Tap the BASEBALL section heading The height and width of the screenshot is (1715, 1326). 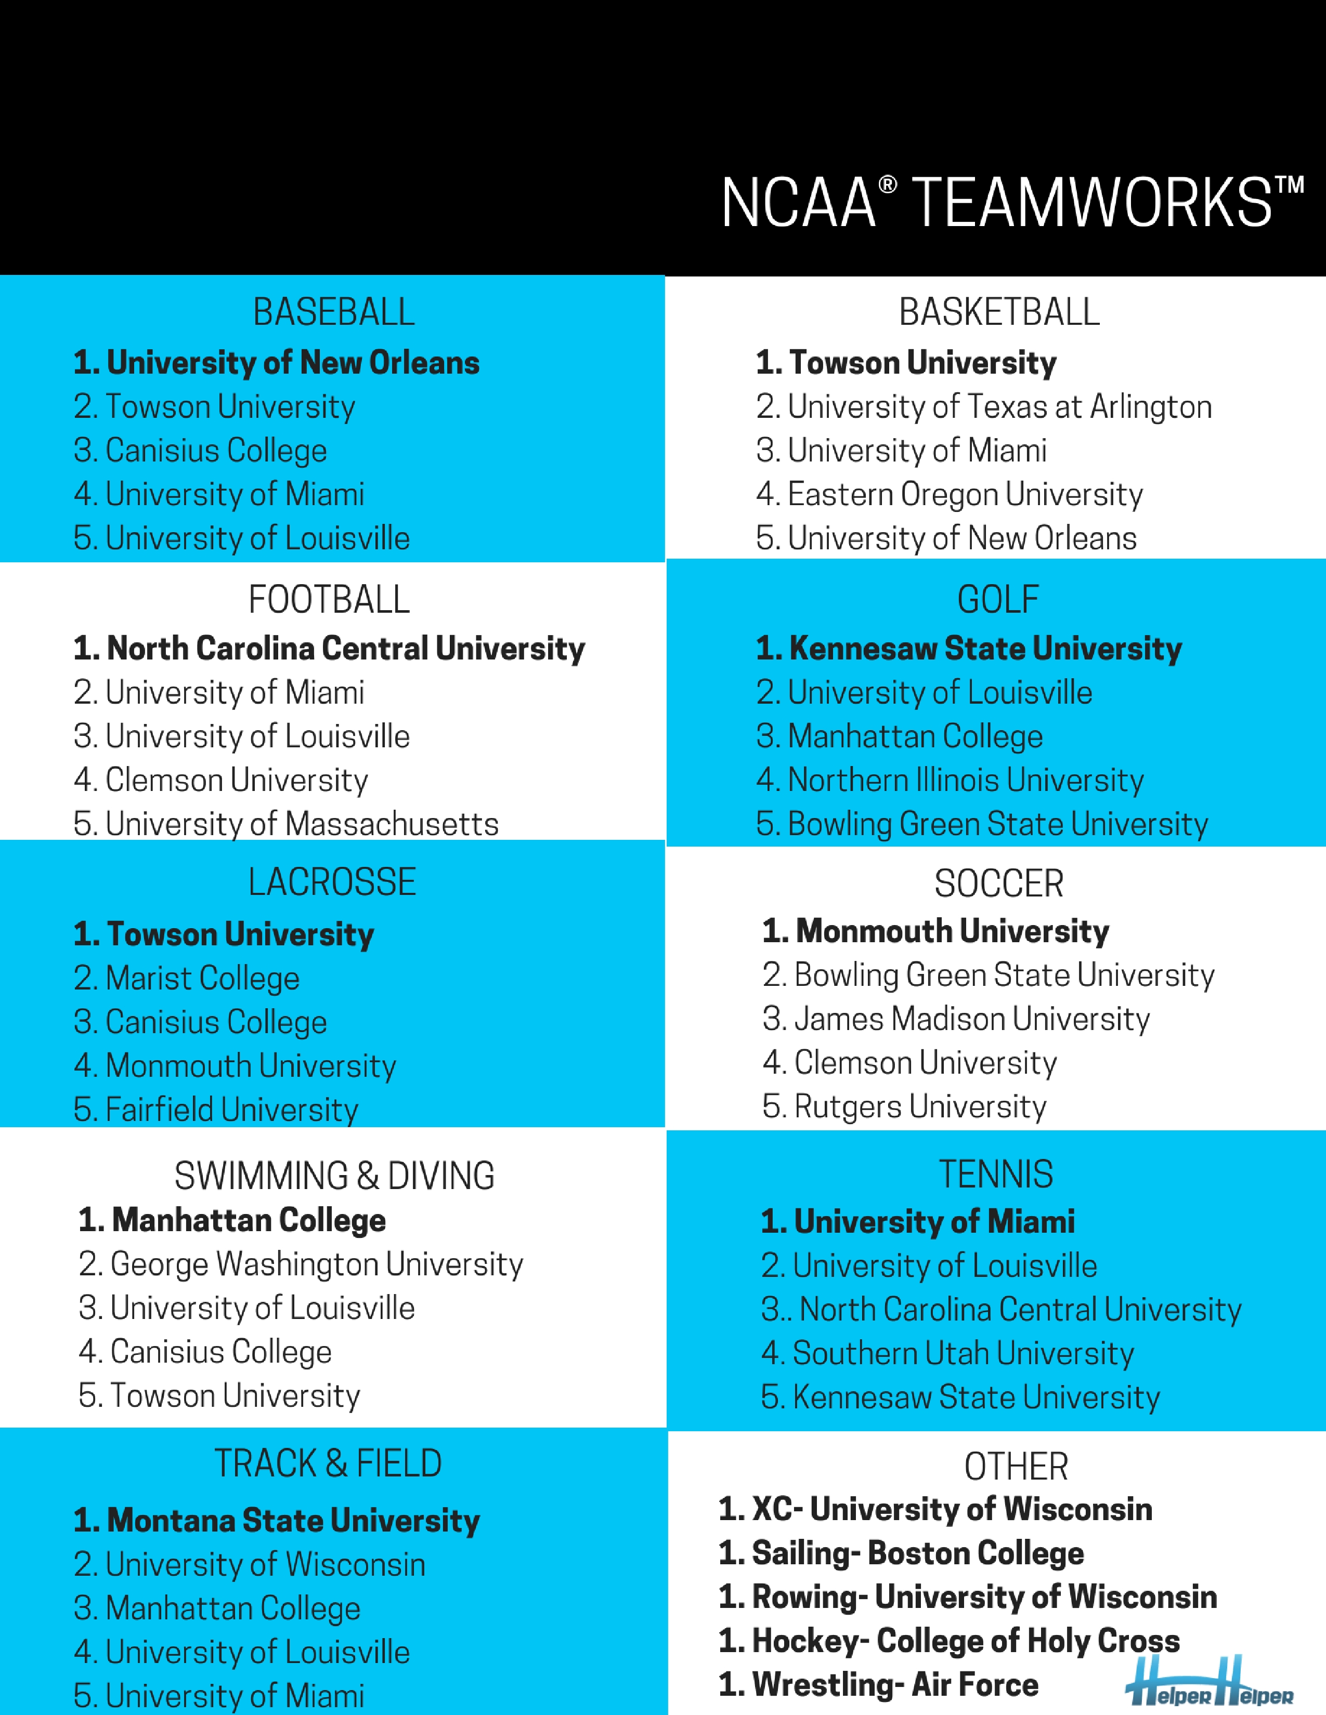[333, 312]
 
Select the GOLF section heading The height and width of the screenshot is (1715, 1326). [998, 599]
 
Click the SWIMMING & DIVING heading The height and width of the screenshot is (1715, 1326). [334, 1176]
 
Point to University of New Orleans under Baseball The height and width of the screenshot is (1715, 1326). [277, 363]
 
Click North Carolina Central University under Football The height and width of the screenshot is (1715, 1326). [329, 649]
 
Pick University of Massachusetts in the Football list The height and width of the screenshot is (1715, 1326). [286, 824]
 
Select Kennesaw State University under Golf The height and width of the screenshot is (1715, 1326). [969, 649]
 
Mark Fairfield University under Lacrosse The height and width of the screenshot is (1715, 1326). [216, 1110]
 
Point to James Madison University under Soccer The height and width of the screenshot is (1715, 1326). [956, 1019]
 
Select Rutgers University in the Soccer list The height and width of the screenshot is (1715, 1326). [904, 1106]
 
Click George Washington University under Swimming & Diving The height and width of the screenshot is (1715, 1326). [301, 1264]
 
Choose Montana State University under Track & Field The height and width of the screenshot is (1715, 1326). [277, 1521]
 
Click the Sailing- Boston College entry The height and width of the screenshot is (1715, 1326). [901, 1553]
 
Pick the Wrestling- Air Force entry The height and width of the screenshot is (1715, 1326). [878, 1684]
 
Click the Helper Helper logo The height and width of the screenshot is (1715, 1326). [1209, 1683]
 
